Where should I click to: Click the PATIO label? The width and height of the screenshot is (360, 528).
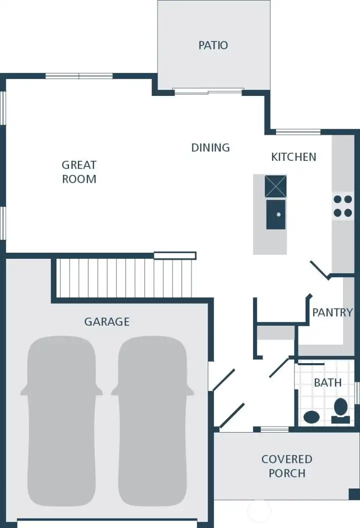point(213,45)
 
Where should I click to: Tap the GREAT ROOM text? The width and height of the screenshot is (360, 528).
point(79,172)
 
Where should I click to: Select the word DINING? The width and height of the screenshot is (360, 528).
point(210,147)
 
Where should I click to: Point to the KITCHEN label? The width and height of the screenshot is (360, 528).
point(293,157)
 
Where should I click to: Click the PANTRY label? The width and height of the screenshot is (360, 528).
point(332,313)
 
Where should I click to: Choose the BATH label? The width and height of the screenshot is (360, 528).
point(328,383)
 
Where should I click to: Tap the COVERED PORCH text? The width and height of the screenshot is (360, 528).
point(286,466)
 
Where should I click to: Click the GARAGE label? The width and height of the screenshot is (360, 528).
point(106,322)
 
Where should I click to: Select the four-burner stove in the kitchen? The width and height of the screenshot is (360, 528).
point(342,205)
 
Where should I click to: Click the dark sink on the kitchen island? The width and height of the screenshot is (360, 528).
point(276,214)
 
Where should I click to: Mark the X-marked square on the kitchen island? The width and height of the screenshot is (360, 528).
point(275,186)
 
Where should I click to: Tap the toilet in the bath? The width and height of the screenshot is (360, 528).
point(341,410)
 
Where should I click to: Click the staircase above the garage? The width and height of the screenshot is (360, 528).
point(124,278)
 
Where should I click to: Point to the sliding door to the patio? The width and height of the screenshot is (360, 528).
point(208,91)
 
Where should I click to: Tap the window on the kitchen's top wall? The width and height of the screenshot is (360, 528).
point(298,132)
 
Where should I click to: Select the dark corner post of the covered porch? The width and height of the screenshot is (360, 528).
point(354,494)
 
